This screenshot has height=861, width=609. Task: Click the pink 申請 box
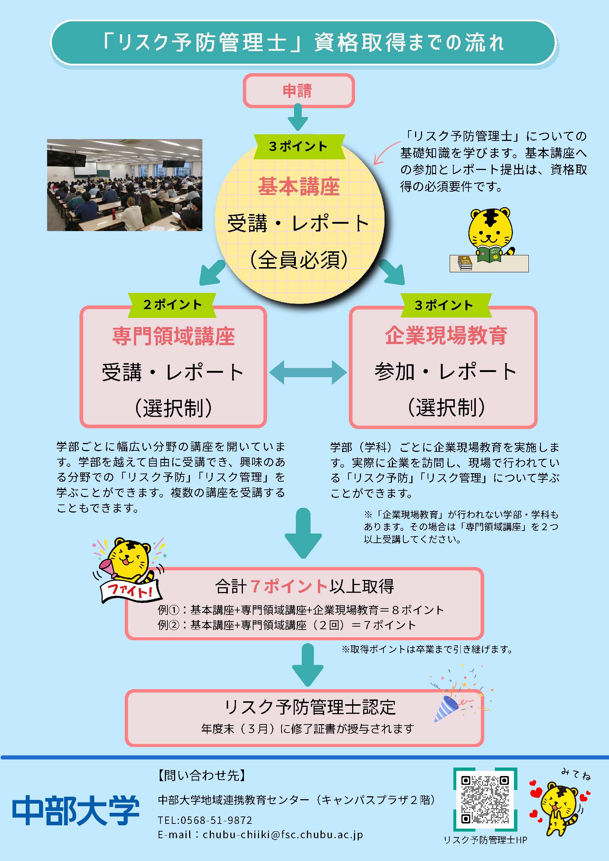(298, 91)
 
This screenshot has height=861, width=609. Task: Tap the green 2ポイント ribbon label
(172, 305)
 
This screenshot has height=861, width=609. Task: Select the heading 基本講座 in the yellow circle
(299, 187)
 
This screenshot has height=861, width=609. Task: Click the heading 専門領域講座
(173, 336)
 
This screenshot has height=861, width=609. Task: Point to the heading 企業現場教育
(446, 335)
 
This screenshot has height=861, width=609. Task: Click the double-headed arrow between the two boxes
(308, 372)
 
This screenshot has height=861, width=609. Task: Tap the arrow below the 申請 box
(298, 117)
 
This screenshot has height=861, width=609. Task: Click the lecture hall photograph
(124, 185)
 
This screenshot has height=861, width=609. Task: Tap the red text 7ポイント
(288, 587)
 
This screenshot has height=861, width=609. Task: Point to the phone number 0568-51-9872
(216, 820)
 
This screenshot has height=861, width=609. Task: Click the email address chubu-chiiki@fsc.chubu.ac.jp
(282, 835)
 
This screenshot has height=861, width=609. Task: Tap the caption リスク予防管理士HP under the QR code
(485, 840)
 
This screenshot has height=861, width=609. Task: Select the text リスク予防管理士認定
(310, 707)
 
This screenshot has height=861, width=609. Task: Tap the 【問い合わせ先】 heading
(202, 775)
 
